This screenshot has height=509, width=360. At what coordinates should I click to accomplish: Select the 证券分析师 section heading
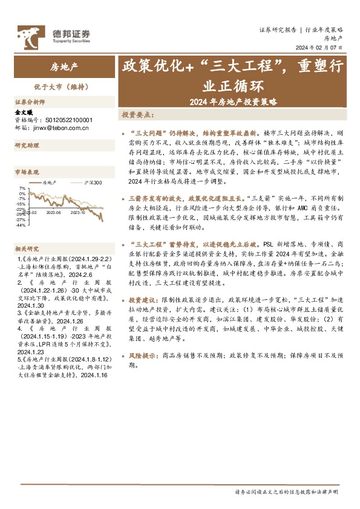click(30, 102)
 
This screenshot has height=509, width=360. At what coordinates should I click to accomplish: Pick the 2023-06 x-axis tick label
click(54, 212)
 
